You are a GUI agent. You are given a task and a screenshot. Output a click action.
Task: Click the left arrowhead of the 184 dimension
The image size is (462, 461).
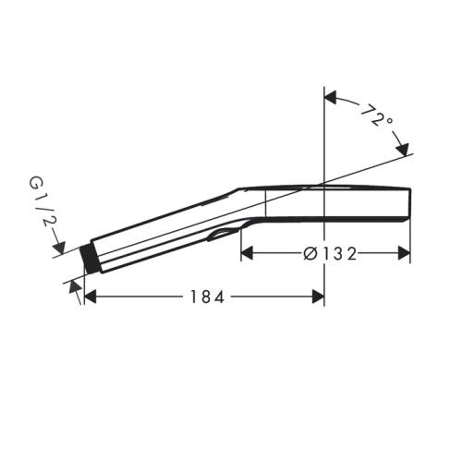91,296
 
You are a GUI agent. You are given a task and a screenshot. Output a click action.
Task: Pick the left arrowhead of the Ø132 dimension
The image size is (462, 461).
247,251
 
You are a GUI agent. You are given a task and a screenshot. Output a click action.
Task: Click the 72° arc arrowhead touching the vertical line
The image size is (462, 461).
331,95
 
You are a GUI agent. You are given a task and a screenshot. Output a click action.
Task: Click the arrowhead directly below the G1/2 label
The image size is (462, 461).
59,249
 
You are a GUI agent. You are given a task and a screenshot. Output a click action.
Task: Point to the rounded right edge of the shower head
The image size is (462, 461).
409,204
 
